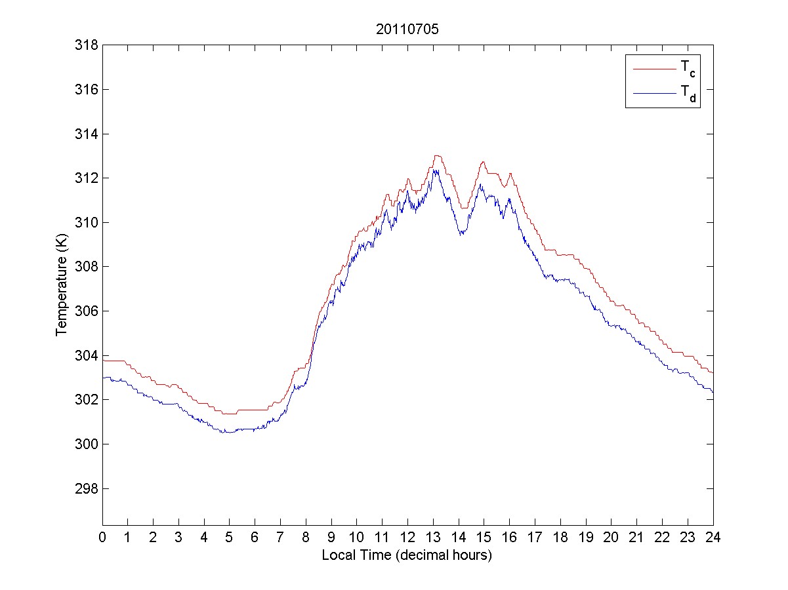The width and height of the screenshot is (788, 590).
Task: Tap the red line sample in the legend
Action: tap(653, 68)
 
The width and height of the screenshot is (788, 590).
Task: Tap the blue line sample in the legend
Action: tap(653, 94)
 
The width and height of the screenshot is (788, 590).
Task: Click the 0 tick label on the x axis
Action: tap(102, 538)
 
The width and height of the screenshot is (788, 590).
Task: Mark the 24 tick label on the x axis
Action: tap(713, 538)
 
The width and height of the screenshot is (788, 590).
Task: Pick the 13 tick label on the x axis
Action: tap(433, 538)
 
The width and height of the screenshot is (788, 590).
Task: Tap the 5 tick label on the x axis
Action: tap(230, 538)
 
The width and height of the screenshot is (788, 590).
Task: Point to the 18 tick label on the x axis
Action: tap(560, 538)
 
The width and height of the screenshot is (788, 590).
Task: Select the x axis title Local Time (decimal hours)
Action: tap(407, 555)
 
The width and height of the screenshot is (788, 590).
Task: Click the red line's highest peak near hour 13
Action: tap(437, 155)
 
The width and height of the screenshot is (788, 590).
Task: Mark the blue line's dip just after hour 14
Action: tap(462, 233)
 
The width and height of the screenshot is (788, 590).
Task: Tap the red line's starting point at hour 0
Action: tap(103, 361)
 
